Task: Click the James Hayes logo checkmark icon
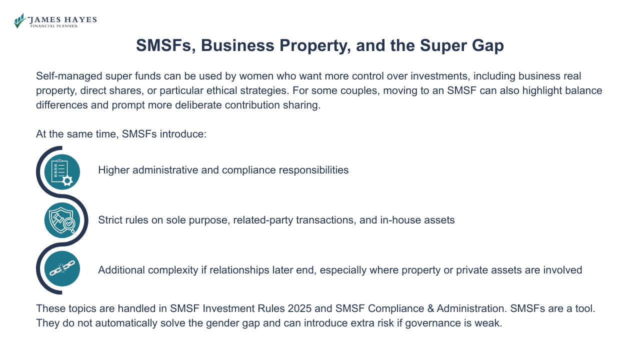click(20, 20)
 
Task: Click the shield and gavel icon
click(62, 220)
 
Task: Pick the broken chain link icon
click(62, 269)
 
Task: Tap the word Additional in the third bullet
click(120, 270)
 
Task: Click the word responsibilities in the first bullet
click(314, 170)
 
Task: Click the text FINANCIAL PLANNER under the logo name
click(54, 26)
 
